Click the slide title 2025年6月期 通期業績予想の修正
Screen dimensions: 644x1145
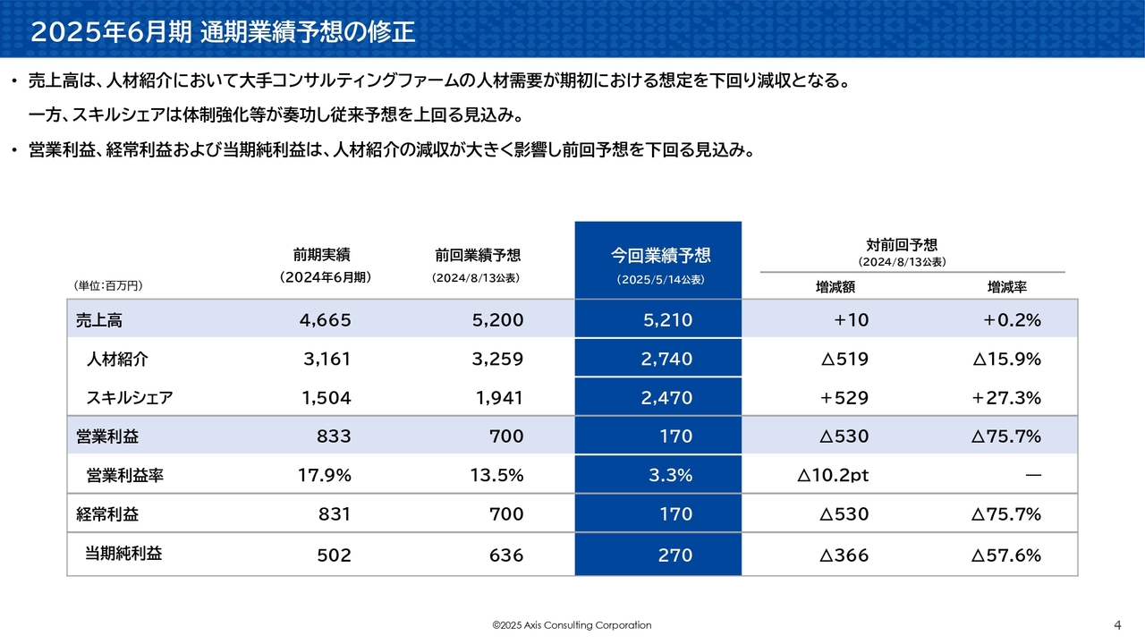click(223, 32)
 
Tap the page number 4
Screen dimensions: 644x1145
click(1117, 625)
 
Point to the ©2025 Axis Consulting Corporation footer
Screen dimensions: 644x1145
click(572, 625)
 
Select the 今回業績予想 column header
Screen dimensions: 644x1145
click(660, 256)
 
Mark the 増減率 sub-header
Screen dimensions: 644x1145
click(1006, 287)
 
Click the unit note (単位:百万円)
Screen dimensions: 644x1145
click(107, 286)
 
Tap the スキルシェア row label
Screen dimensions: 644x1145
click(129, 398)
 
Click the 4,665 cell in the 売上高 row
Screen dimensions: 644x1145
click(326, 320)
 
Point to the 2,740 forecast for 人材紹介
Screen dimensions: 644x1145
click(666, 360)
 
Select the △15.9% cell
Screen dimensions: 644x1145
click(1006, 360)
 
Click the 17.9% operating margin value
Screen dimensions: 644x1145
click(324, 476)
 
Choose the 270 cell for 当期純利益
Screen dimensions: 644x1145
click(675, 555)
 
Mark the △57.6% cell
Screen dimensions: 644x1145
click(1006, 555)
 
